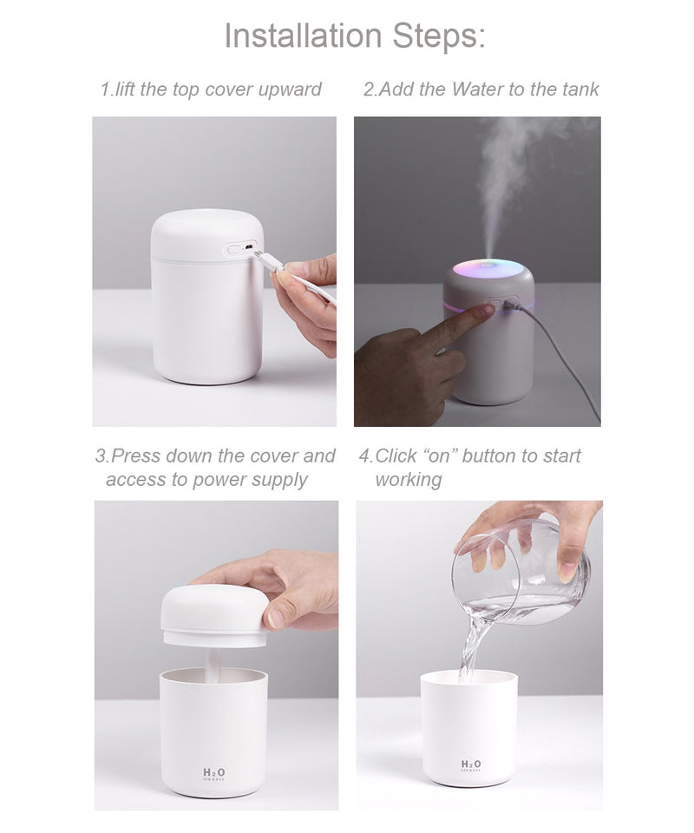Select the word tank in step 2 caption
(x=577, y=89)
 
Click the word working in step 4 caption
(x=408, y=480)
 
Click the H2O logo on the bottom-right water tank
(x=471, y=764)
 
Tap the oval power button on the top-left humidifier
(x=233, y=249)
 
